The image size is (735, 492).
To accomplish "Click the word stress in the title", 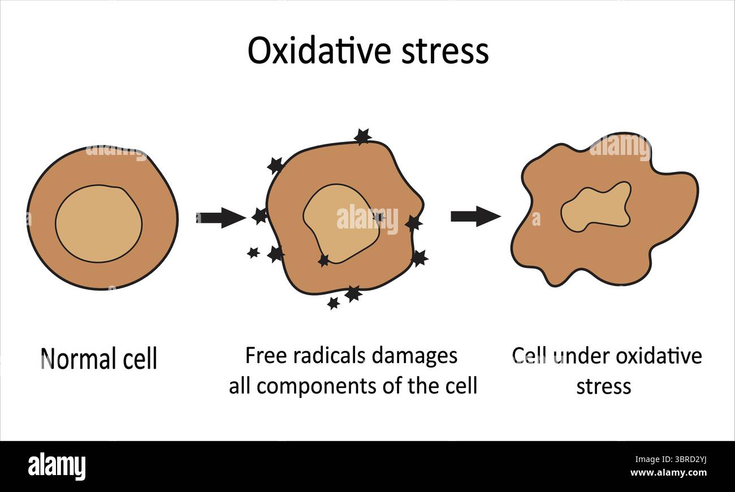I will click(x=445, y=51).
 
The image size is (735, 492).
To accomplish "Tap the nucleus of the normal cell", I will click(x=99, y=224).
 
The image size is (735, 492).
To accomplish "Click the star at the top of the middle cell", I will click(x=362, y=136).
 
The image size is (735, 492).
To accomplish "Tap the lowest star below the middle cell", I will click(x=334, y=303).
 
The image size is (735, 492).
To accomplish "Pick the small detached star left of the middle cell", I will click(x=253, y=253).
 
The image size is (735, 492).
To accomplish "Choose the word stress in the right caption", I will click(x=603, y=387).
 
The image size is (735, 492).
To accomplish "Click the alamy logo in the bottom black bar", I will click(x=57, y=467).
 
